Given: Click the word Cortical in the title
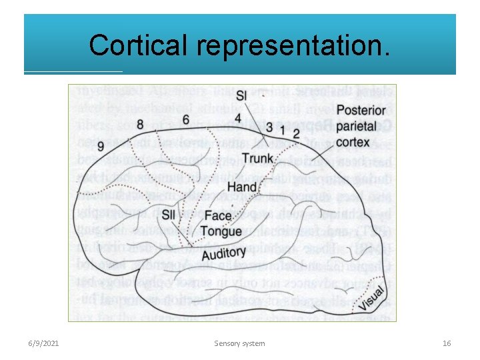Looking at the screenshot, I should pos(139,45).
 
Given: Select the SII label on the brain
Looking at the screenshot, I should pos(169,214).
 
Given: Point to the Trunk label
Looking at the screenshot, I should pos(257,158).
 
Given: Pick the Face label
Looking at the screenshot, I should pos(218,215).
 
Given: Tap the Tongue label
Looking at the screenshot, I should pos(221,231).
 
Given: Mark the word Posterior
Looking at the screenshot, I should pos(361,111).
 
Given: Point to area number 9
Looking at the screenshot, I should pos(100,145).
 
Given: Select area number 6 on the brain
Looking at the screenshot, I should pos(185,119).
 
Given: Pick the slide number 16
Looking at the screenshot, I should pos(447,343).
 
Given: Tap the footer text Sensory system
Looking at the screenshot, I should pos(240,343).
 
